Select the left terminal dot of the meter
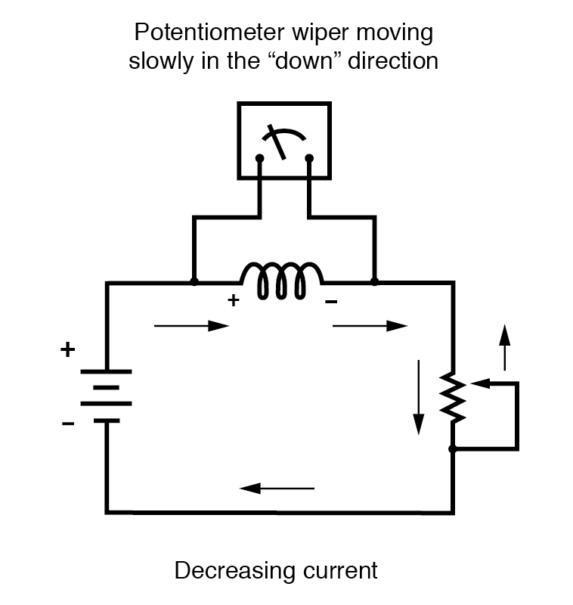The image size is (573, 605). (259, 159)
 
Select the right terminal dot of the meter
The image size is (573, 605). (309, 159)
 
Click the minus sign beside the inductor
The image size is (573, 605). (331, 302)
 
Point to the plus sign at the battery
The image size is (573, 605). (68, 350)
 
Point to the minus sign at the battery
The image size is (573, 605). (68, 423)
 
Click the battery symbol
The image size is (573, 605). (106, 396)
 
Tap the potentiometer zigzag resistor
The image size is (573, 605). (452, 398)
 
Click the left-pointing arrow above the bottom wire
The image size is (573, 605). (277, 488)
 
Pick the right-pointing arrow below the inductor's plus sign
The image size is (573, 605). (190, 326)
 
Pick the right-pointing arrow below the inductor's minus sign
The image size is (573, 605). (370, 326)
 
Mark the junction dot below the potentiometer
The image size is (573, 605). (452, 449)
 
